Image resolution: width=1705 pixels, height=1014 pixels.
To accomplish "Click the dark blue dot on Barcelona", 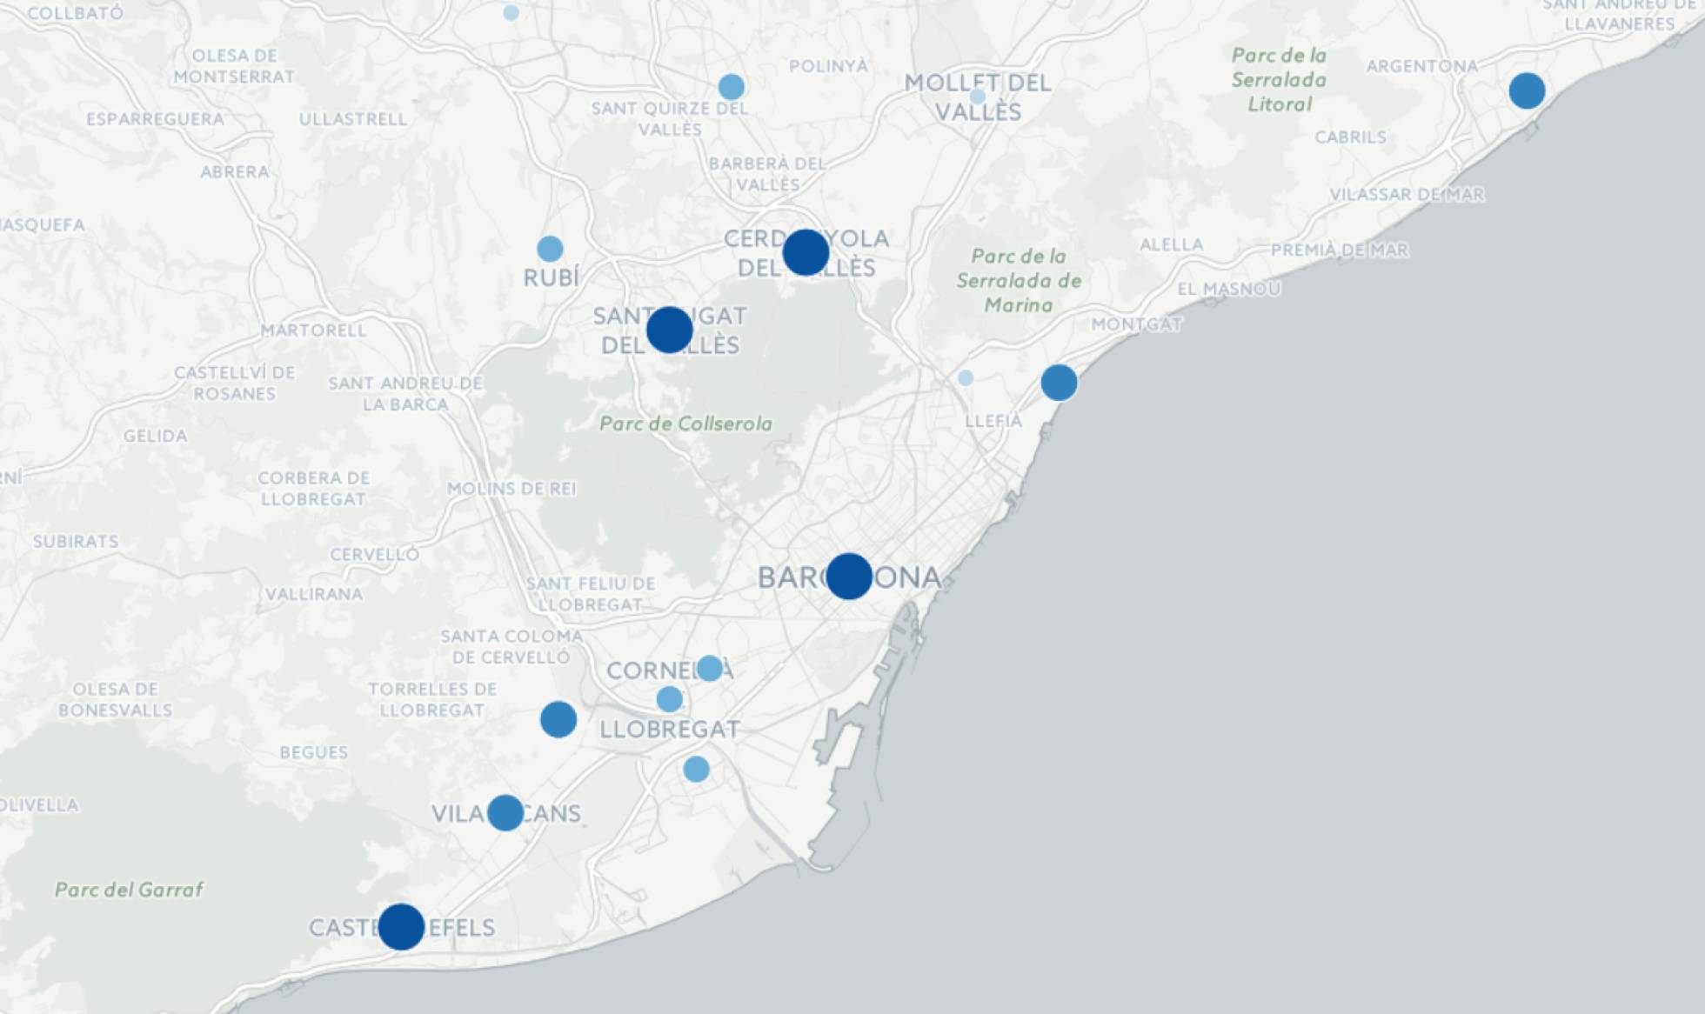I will coord(848,576).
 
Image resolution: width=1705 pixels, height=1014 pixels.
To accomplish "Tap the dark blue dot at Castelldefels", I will coord(401,926).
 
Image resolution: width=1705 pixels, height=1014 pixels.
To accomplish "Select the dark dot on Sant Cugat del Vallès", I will coord(669,330).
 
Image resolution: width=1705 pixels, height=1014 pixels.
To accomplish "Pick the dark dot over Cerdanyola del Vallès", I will coord(806,252).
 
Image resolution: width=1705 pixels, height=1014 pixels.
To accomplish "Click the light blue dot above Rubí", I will coord(550,249).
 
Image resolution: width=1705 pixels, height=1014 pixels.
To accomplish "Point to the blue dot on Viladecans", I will coord(505,812).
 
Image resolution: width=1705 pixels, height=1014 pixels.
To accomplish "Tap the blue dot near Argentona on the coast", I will coord(1527,90).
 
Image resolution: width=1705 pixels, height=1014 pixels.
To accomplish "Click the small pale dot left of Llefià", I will coord(966,378).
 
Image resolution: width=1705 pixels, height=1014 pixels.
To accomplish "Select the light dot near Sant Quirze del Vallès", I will coord(732,87).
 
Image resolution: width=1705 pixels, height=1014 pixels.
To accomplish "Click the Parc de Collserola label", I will coord(686,424).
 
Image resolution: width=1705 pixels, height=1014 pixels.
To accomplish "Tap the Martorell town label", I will coord(313,330).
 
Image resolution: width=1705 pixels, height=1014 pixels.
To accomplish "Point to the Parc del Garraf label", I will coord(129,890).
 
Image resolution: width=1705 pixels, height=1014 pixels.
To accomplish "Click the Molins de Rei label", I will coord(512,489).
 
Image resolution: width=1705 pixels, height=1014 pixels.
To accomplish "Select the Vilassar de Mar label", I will coord(1407,195).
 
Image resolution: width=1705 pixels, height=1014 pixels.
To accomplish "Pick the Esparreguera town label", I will coord(155,119).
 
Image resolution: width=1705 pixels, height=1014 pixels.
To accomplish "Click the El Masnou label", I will coord(1228,289).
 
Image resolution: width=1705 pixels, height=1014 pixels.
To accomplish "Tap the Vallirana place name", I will coord(314,595).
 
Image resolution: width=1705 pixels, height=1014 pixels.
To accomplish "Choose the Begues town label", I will coord(314,752).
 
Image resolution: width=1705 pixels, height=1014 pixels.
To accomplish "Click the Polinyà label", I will coord(828,66).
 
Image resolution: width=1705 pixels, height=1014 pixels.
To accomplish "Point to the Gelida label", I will coord(155,436).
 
